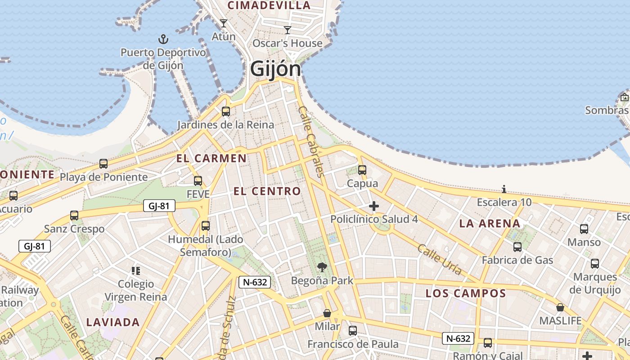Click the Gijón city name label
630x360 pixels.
pyautogui.click(x=275, y=69)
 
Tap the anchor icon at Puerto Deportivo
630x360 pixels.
pyautogui.click(x=163, y=39)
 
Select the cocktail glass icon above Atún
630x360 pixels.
pyautogui.click(x=224, y=23)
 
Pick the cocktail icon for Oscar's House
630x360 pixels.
pyautogui.click(x=288, y=30)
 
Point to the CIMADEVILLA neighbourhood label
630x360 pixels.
pyautogui.click(x=269, y=5)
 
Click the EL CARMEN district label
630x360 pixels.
pyautogui.click(x=211, y=158)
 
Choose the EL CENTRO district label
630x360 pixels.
pyautogui.click(x=267, y=191)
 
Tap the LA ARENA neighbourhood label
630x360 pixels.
pyautogui.click(x=490, y=224)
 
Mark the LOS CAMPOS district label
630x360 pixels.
pyautogui.click(x=466, y=294)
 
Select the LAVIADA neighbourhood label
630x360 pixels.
pyautogui.click(x=113, y=322)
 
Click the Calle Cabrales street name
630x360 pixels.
pyautogui.click(x=311, y=142)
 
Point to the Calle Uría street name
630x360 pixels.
pyautogui.click(x=440, y=259)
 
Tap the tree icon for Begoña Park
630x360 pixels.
pyautogui.click(x=322, y=267)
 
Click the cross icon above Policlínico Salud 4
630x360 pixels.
pyautogui.click(x=374, y=206)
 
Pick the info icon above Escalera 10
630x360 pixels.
pyautogui.click(x=504, y=189)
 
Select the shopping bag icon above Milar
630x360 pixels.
pyautogui.click(x=327, y=313)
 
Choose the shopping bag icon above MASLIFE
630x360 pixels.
pyautogui.click(x=560, y=307)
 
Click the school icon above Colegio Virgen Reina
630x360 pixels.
pyautogui.click(x=136, y=270)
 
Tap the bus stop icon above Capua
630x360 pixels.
pyautogui.click(x=362, y=170)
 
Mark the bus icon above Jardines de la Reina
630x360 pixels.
pyautogui.click(x=226, y=111)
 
